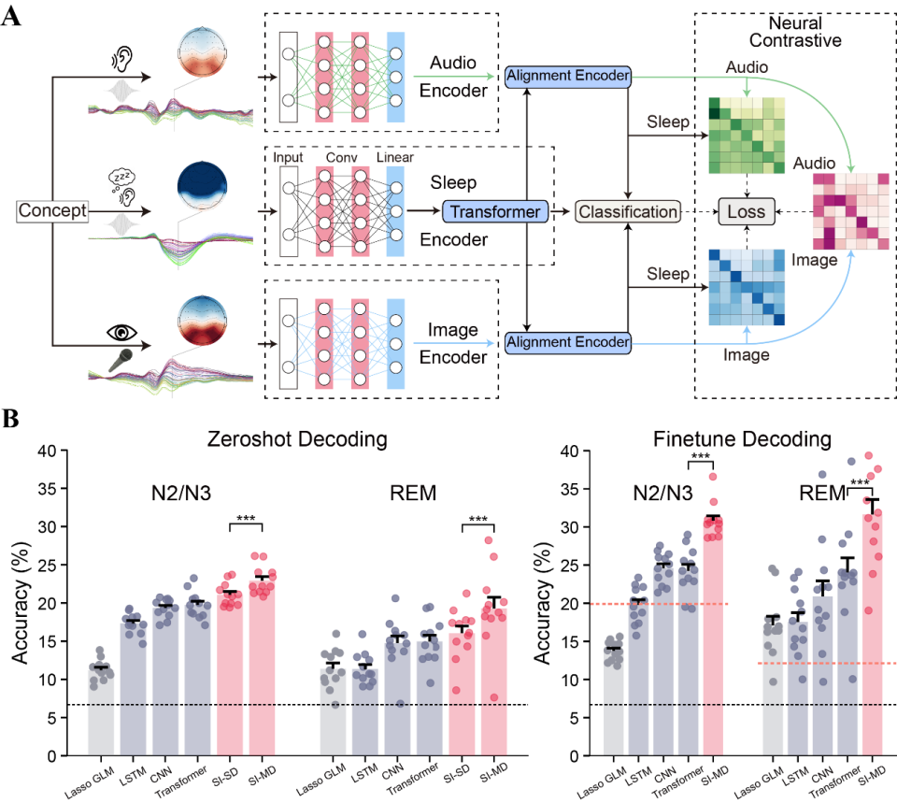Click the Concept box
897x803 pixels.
(52, 210)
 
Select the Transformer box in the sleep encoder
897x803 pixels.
(495, 212)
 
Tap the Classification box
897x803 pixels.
(628, 212)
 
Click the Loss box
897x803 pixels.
(746, 212)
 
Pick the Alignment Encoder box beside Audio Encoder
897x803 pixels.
(568, 76)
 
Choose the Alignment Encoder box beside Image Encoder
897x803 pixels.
(568, 342)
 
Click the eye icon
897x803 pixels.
(121, 333)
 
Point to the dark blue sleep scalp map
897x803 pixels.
(203, 187)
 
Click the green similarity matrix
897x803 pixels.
(747, 136)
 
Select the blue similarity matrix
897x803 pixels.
(747, 287)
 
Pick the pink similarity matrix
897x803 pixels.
(851, 211)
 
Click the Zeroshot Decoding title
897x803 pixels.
(297, 439)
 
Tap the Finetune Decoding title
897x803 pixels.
(742, 439)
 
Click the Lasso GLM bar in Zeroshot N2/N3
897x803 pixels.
(101, 711)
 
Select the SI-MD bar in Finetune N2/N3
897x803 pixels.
(713, 637)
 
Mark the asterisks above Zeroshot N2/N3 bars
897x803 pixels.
(246, 518)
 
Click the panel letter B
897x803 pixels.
(10, 419)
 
